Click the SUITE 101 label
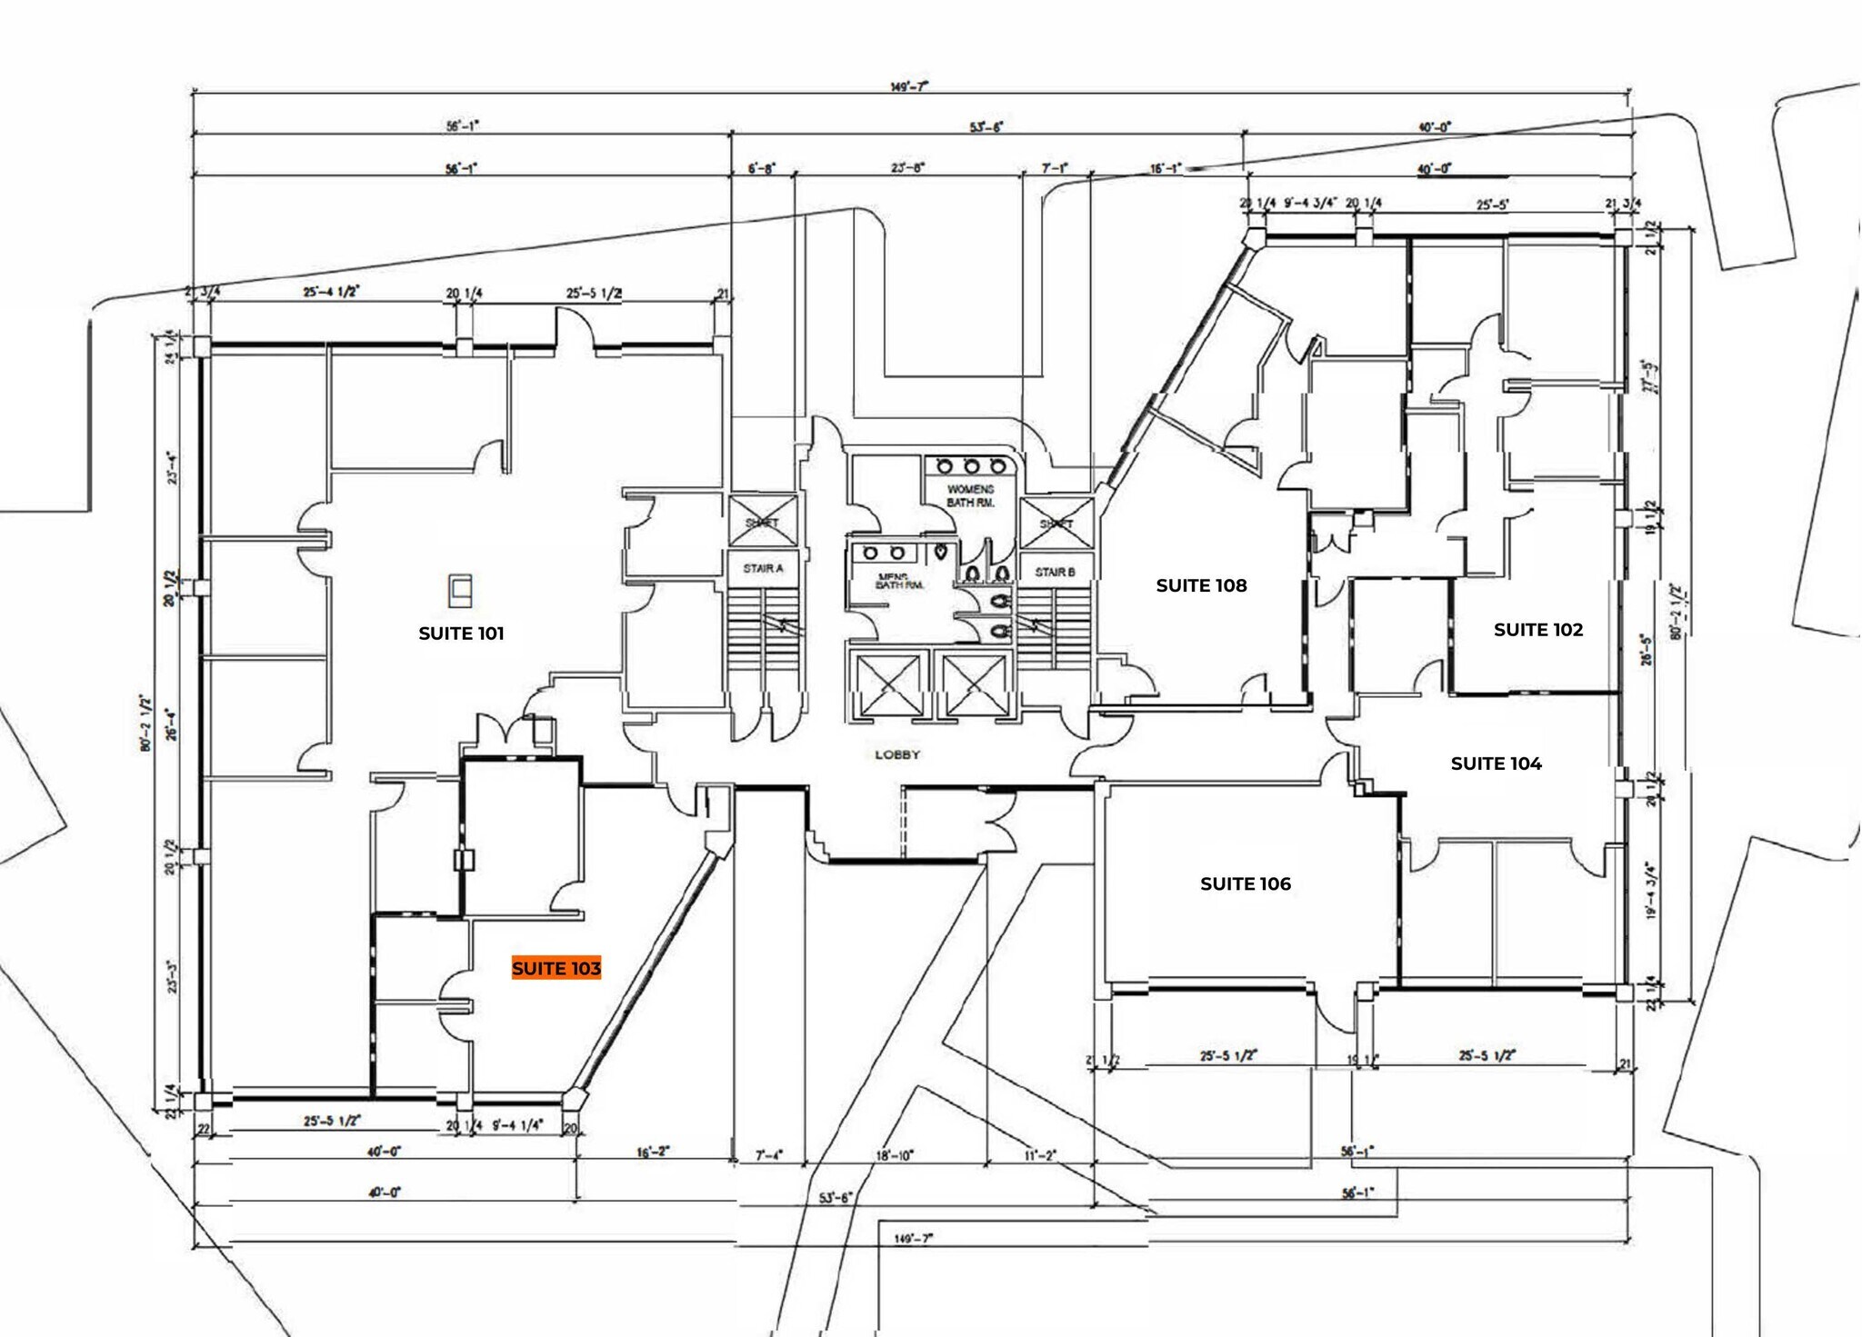[x=461, y=634]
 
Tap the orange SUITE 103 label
[x=556, y=969]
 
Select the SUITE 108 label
[x=1201, y=585]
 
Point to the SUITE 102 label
[x=1538, y=629]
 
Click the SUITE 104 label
[x=1496, y=763]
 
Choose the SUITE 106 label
[x=1245, y=883]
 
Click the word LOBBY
[x=897, y=754]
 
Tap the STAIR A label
[x=763, y=568]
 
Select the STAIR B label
[x=1055, y=572]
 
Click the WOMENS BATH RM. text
[x=970, y=495]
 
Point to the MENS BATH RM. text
[x=898, y=581]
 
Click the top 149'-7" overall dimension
[x=909, y=87]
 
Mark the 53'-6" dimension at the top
[x=986, y=127]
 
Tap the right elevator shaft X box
[x=974, y=686]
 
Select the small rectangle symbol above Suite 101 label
[x=461, y=591]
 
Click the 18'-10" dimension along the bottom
[x=894, y=1155]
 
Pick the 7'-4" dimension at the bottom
[x=768, y=1155]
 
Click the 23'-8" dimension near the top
[x=907, y=168]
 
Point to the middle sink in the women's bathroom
[x=971, y=466]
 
